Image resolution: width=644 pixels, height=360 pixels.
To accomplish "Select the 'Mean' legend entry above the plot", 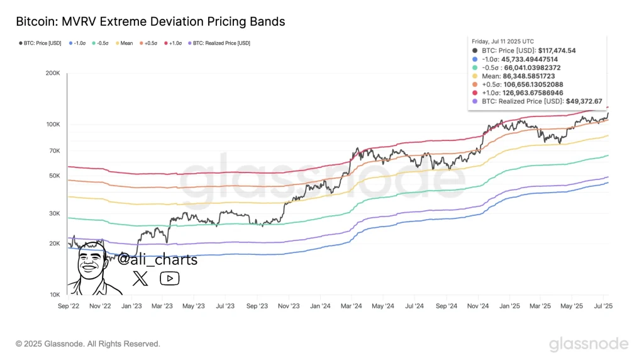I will (126, 43).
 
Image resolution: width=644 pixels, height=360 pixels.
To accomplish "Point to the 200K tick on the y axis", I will (52, 74).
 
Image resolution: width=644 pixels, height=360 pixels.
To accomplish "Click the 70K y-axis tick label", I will (53, 151).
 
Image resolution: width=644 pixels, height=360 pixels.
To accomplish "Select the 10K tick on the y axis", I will (53, 295).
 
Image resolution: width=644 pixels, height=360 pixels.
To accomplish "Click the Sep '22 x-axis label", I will (68, 306).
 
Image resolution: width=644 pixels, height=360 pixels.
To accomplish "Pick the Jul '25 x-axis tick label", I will (603, 306).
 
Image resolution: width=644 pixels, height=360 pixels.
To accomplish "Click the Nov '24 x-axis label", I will (477, 306).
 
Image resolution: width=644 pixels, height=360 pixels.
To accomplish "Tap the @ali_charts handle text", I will (158, 260).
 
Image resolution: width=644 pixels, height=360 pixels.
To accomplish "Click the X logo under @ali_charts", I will (140, 278).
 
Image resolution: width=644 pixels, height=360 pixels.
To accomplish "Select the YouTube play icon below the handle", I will (169, 278).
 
